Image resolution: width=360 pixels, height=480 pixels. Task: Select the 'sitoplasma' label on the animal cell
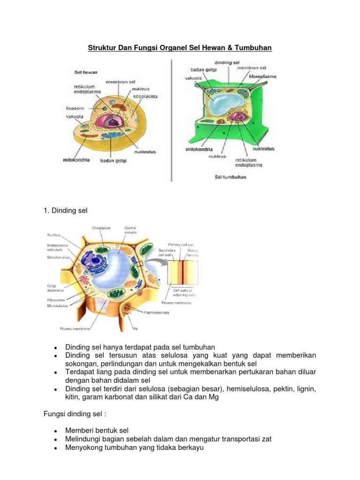pos(145,97)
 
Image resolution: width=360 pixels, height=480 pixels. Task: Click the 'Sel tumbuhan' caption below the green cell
pos(230,177)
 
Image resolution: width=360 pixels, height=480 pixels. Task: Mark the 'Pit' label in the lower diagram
pos(135,329)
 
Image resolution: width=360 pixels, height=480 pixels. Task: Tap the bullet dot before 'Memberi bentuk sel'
pos(56,431)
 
